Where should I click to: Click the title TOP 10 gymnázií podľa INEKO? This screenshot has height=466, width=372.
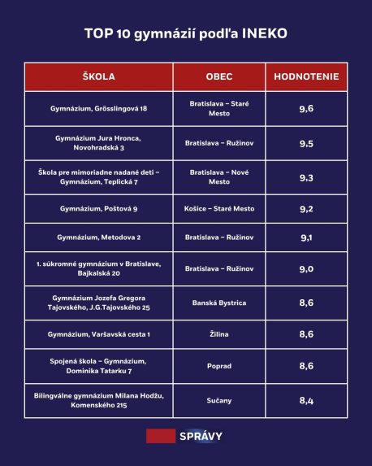point(185,34)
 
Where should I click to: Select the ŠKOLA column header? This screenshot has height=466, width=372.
point(99,76)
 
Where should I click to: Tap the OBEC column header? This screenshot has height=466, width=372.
point(219,76)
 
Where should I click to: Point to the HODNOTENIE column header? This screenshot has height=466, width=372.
point(307,76)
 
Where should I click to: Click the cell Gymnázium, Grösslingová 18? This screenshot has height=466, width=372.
point(99,108)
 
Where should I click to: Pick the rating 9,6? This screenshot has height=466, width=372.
point(307,108)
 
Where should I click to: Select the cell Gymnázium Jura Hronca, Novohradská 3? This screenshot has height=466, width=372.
point(99,143)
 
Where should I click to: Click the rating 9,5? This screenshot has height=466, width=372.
point(307,143)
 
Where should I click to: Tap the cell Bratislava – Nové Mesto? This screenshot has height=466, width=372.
point(219,177)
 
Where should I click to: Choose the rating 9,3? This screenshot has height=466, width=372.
point(307,177)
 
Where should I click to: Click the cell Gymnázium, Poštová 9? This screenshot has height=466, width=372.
point(99,209)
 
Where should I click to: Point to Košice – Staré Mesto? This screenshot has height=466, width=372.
point(219,209)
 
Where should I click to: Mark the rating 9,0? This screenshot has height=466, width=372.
point(307,269)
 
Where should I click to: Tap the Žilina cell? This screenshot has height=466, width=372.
point(219,334)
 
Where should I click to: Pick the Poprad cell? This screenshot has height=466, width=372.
point(219,366)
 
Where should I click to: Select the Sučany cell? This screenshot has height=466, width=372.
point(219,400)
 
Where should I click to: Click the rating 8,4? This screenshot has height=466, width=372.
point(307,400)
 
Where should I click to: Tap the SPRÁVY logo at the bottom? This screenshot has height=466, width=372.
point(185,436)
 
